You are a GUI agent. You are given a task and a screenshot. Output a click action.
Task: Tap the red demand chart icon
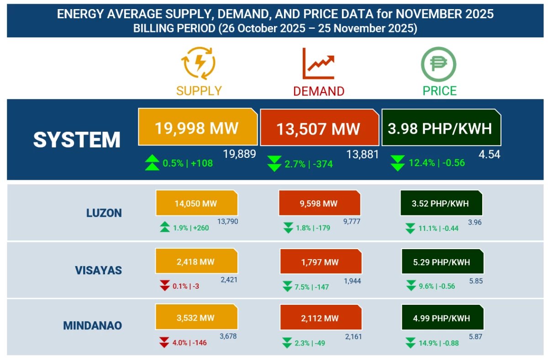tap(318, 63)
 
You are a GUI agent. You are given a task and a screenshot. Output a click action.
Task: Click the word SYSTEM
tap(77, 140)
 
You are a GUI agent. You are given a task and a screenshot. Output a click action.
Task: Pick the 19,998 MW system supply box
tap(197, 127)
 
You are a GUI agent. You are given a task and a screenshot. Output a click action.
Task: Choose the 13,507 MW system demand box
tap(319, 128)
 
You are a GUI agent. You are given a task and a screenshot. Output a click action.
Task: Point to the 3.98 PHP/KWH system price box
tap(440, 128)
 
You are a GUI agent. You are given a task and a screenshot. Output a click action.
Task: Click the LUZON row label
tap(104, 213)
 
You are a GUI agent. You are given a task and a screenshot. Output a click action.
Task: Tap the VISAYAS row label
tap(98, 270)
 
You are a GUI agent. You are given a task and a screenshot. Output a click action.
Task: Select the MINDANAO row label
tap(92, 326)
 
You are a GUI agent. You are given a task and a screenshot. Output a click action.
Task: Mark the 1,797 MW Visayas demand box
tap(320, 262)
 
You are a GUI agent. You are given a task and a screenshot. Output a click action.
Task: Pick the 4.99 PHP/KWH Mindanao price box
tap(442, 318)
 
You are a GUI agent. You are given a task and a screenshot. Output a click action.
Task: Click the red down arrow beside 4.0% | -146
tap(164, 342)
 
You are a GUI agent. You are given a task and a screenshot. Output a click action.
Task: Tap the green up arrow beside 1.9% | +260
tap(164, 227)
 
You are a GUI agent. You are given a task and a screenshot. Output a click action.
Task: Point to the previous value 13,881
tap(363, 154)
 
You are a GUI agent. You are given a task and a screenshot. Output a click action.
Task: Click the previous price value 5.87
tap(475, 336)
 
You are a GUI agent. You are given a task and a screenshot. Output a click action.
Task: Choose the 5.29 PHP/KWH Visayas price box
tap(442, 262)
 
